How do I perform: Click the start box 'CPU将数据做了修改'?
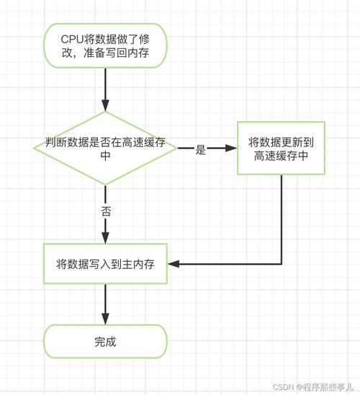coord(105,45)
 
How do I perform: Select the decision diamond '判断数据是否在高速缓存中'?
coord(105,148)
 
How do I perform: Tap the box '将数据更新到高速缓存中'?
coord(281,148)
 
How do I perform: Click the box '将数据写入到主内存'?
coord(105,264)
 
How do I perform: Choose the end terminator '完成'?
coord(105,342)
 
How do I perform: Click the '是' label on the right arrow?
coord(201,150)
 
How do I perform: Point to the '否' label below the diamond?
coord(106,211)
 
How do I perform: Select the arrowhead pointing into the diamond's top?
coord(105,105)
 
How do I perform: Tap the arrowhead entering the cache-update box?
coord(231,148)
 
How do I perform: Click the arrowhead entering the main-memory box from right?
coord(174,264)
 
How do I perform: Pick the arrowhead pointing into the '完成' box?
coord(105,319)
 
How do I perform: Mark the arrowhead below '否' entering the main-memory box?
coord(105,238)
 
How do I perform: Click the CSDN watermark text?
coord(313,386)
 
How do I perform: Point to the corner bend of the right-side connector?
coord(282,264)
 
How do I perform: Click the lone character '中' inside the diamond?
coord(105,156)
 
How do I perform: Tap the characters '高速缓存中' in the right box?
coord(281,156)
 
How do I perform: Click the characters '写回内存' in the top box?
coord(127,53)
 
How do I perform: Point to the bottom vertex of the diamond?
coord(105,185)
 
